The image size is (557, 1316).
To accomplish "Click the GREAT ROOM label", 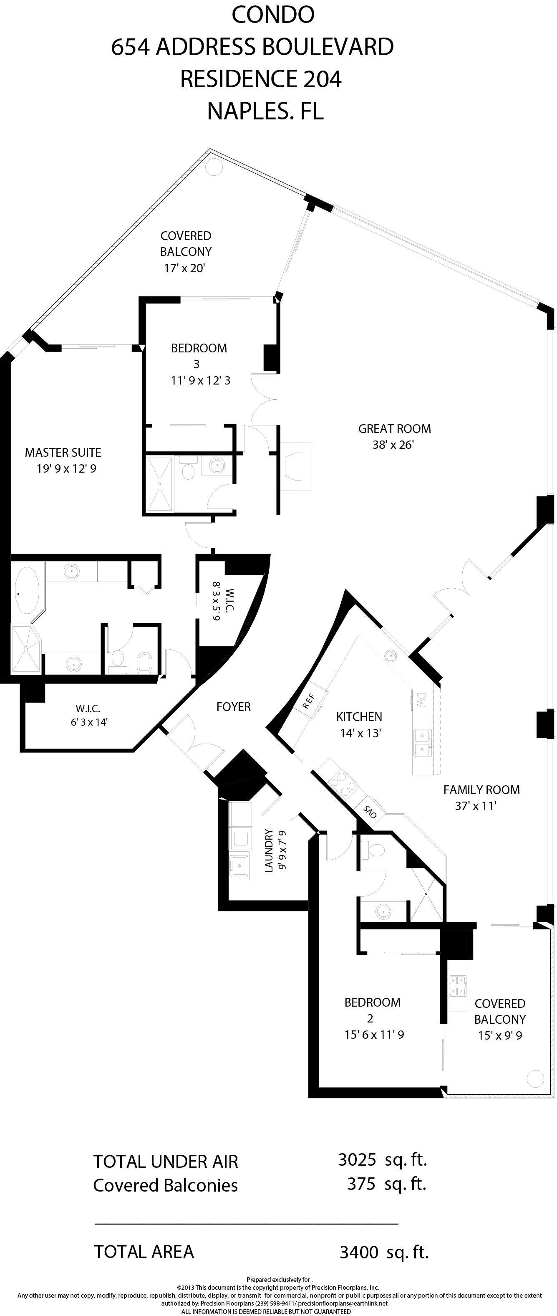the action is tap(394, 429).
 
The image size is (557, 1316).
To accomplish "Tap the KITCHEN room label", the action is tap(359, 717).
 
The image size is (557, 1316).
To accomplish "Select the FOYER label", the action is tap(233, 707).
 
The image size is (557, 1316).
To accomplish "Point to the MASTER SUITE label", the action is tap(63, 452).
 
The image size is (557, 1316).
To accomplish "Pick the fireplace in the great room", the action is tap(295, 466).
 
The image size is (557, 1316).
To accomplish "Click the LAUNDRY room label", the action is tap(269, 850).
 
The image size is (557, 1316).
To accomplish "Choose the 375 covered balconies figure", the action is tap(361, 1184).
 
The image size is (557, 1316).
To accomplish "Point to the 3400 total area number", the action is tap(359, 1252).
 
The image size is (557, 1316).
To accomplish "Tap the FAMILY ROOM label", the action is tap(481, 790).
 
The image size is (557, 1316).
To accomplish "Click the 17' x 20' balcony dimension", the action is tap(184, 268).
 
